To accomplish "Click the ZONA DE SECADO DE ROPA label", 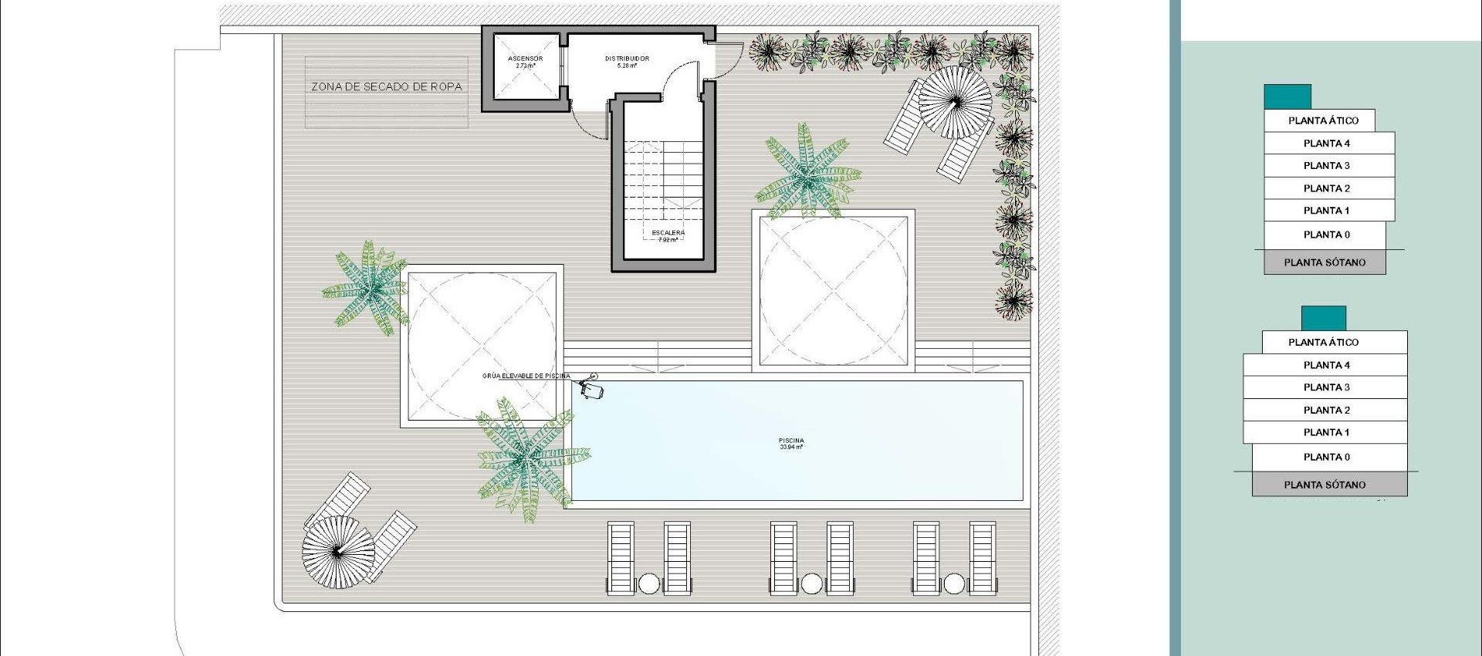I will (x=387, y=87).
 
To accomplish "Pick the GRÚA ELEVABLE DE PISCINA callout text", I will (x=526, y=377).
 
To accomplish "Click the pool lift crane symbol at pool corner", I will (x=592, y=388).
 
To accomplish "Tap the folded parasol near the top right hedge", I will (x=955, y=101).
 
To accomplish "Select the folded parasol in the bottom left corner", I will (x=337, y=551).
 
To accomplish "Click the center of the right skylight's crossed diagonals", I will (x=834, y=292).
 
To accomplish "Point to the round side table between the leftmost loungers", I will (x=649, y=584).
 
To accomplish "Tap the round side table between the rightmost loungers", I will (x=955, y=584).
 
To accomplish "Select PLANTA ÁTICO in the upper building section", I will (x=1323, y=120).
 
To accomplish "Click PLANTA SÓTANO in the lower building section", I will (x=1325, y=485).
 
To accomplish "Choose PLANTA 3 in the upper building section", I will (x=1326, y=166).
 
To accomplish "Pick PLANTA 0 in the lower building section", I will (x=1326, y=457).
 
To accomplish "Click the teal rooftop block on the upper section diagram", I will (x=1287, y=97).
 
